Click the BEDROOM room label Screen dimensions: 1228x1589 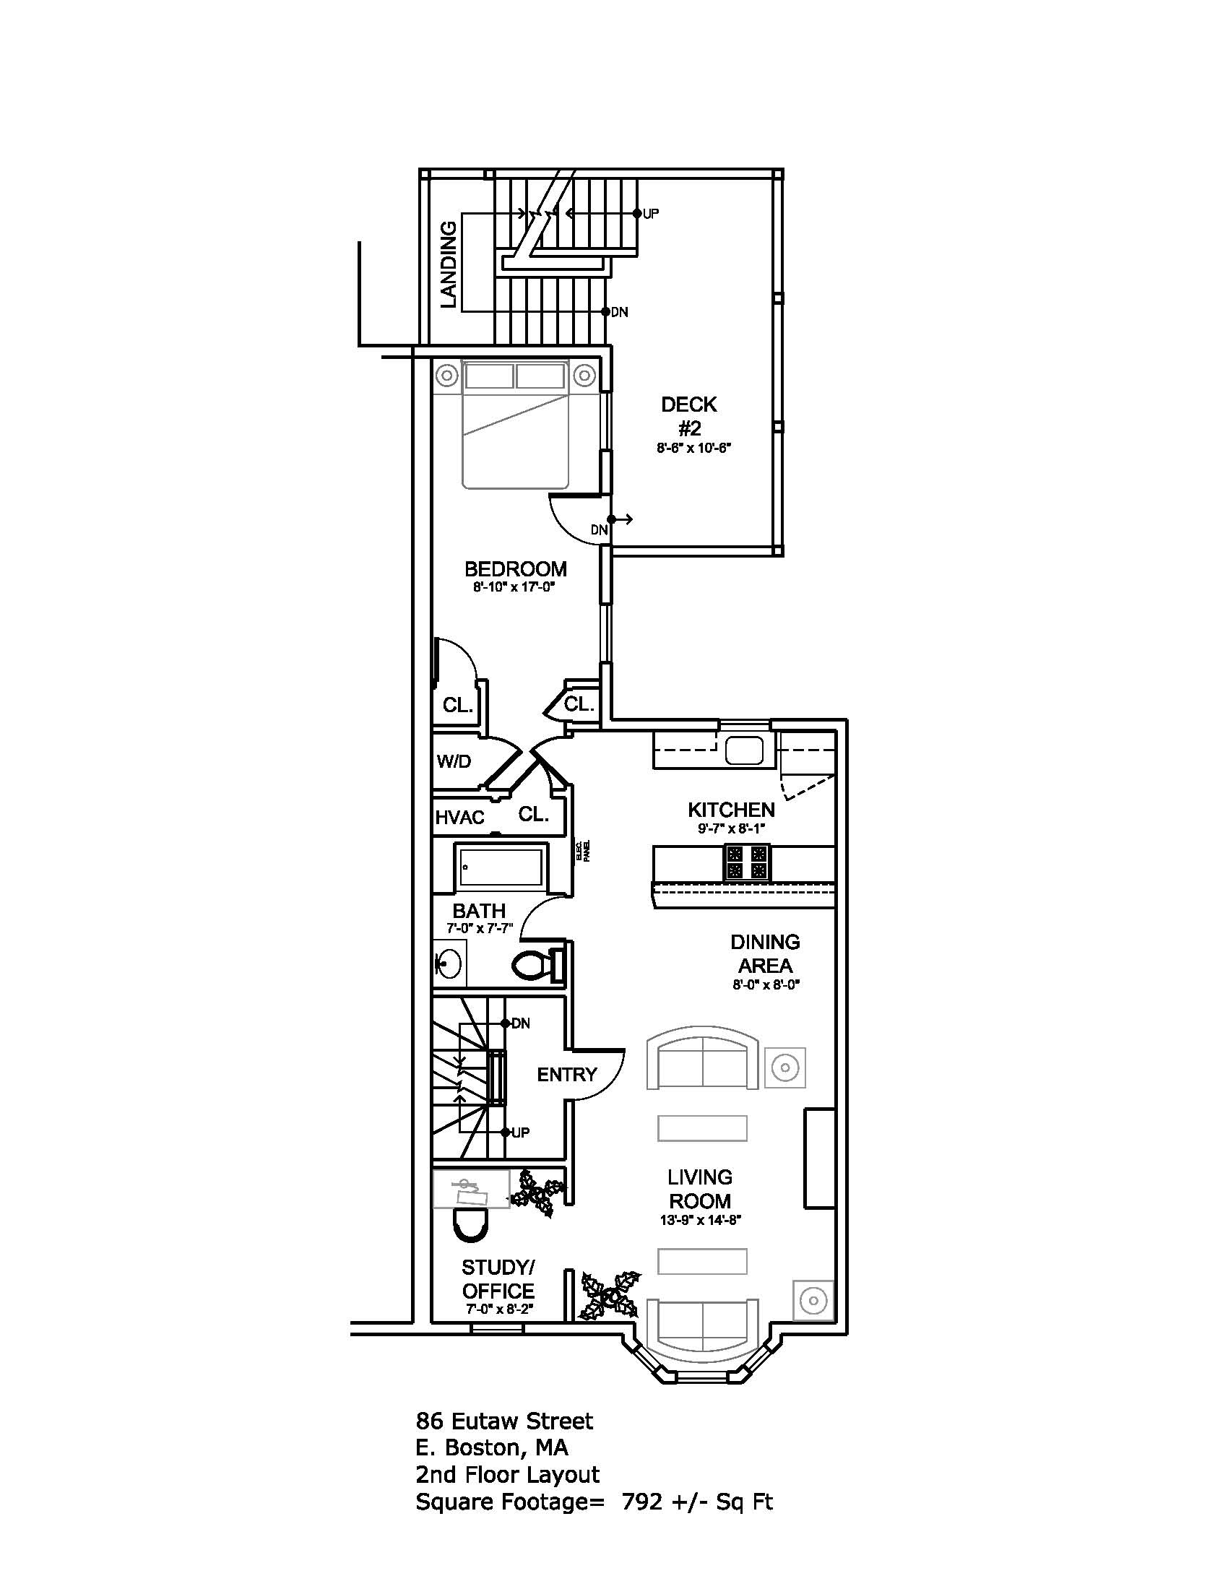pos(516,569)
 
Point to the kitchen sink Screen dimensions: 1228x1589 pos(744,750)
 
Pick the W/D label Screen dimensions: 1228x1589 pos(454,762)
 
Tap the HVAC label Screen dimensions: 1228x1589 pos(459,818)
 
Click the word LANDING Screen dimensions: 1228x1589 pos(449,265)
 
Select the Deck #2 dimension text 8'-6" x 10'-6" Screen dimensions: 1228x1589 pos(693,449)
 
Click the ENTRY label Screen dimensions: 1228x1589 pos(567,1074)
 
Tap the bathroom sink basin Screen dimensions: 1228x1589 pos(448,965)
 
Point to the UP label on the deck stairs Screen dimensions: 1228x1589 pos(650,214)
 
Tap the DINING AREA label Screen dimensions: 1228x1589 pos(765,954)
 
